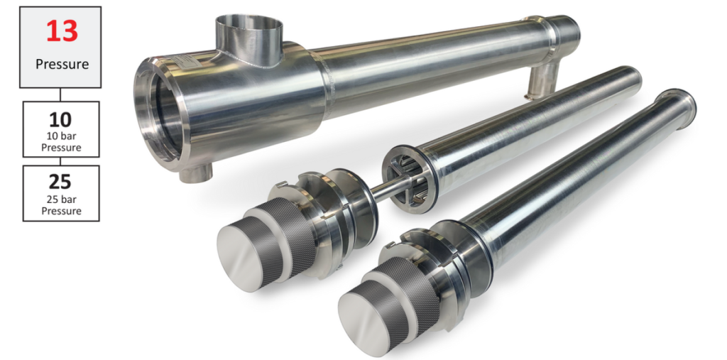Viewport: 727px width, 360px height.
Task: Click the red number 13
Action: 62,32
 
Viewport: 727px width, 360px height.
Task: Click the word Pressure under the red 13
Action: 62,64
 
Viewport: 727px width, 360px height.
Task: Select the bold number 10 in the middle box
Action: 60,120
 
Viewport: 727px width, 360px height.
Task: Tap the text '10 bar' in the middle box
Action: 61,137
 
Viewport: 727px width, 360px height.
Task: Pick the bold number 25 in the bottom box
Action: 60,182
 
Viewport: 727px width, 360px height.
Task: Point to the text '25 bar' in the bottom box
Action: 61,200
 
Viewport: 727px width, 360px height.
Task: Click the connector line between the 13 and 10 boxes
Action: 60,94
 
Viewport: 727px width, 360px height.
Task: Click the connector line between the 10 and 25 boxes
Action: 60,161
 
